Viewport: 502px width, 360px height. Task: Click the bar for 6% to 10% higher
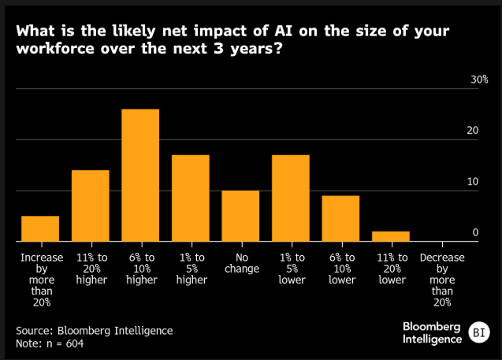click(x=140, y=175)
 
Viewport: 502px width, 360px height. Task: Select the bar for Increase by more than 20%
click(x=40, y=228)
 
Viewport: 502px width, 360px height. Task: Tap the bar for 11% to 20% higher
click(x=91, y=206)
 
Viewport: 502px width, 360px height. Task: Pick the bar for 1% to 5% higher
click(x=191, y=198)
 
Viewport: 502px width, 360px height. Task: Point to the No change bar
click(x=240, y=216)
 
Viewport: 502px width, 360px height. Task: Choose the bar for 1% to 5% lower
click(x=290, y=198)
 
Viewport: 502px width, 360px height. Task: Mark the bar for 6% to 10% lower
click(x=340, y=218)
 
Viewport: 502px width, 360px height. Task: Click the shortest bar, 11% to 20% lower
click(x=390, y=236)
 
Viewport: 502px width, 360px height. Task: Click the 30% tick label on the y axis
click(x=480, y=80)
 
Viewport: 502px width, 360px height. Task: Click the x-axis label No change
click(x=240, y=263)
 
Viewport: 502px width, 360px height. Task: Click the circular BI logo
click(x=477, y=332)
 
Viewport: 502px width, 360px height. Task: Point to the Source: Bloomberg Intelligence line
click(x=94, y=330)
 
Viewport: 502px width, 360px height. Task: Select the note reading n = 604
click(x=49, y=343)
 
